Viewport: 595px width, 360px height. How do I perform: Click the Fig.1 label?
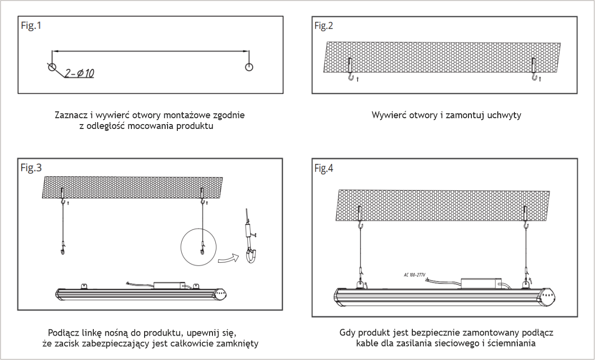(31, 26)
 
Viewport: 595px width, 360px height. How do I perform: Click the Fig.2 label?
(323, 26)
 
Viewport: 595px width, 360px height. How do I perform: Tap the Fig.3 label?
(31, 168)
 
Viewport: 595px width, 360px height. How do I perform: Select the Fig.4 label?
(323, 168)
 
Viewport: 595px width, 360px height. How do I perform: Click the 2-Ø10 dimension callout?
(80, 73)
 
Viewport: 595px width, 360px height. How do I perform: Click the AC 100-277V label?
(415, 275)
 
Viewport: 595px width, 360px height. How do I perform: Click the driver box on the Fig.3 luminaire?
(169, 285)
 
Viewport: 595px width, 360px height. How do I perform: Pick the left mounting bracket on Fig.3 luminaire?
(84, 286)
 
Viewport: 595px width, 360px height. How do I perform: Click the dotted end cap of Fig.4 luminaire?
(547, 297)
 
